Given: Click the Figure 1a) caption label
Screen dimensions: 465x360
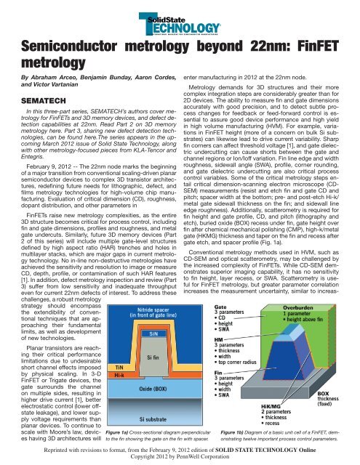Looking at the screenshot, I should click(x=123, y=432).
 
